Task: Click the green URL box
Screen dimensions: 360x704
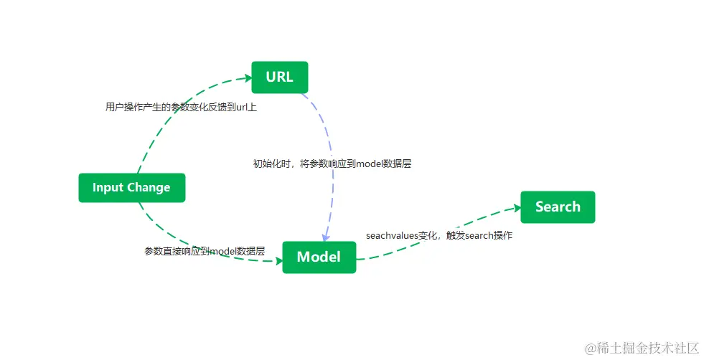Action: pos(279,77)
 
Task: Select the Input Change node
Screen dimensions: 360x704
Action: pos(131,188)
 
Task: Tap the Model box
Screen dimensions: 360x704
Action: pos(319,257)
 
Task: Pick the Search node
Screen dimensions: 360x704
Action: pos(558,207)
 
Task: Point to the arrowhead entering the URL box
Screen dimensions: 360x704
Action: pos(245,80)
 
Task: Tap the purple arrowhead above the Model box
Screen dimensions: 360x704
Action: pos(325,237)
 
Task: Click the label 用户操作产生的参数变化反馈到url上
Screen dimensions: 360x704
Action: pos(181,107)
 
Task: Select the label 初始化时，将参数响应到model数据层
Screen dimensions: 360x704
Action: pos(332,164)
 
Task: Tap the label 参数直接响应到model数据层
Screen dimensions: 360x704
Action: pos(205,251)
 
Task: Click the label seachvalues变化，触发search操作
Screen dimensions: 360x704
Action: pos(438,235)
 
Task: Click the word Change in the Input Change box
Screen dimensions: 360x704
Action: pos(148,188)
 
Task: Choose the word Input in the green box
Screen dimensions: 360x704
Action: pos(107,188)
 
